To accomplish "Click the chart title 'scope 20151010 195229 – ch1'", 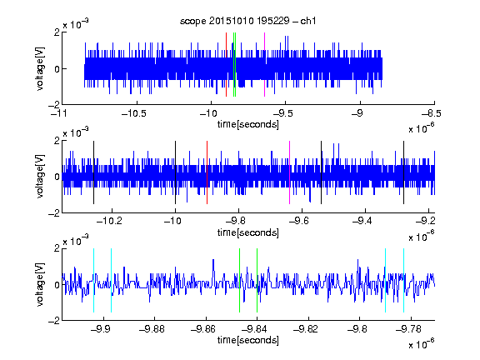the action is [247, 21].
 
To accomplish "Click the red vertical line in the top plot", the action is [226, 65].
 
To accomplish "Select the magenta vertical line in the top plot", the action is [264, 65].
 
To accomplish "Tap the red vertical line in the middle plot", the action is [207, 172].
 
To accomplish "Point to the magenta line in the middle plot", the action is [290, 172].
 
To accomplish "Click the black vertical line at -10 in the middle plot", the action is [175, 172].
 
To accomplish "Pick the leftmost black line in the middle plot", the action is [93, 172].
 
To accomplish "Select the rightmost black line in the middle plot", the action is [403, 172].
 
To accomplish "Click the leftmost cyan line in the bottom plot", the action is [93, 280].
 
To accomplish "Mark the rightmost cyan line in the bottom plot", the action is [403, 280].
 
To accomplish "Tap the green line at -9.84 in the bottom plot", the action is [257, 280].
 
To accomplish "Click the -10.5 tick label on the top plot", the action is [134, 114].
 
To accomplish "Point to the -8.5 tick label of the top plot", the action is [432, 114].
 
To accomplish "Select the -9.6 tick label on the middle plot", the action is [299, 221].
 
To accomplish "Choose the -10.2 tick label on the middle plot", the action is [109, 221].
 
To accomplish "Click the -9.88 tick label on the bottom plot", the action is [152, 329].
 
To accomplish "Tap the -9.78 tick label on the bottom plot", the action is [408, 329].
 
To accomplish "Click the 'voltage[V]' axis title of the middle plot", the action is [40, 177].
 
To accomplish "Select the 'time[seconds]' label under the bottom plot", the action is [248, 340].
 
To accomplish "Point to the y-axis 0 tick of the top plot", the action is [57, 69].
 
